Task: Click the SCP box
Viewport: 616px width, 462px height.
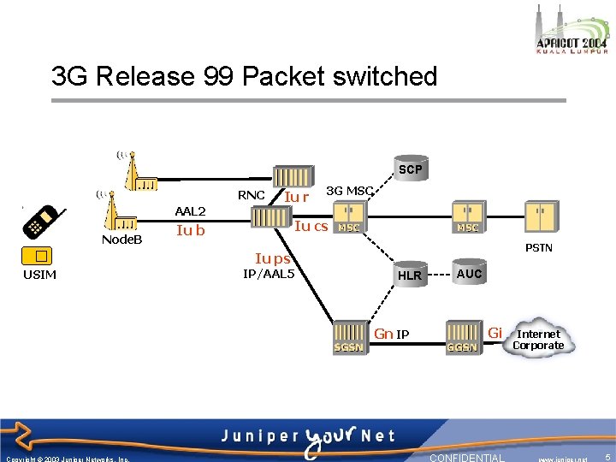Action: pos(410,169)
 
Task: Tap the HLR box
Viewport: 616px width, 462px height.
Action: pos(410,275)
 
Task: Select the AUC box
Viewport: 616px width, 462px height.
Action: pos(469,274)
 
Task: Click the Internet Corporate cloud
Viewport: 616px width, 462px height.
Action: pos(539,340)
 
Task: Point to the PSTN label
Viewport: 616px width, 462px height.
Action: pos(539,248)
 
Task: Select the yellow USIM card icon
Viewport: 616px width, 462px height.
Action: pos(39,255)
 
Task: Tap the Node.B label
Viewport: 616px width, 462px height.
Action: pos(121,240)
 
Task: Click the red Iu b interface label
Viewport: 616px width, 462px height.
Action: pos(190,229)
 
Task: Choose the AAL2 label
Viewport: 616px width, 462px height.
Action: pos(190,210)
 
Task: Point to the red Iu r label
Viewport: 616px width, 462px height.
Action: pos(296,198)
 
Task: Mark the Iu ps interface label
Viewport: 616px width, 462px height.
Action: pos(273,258)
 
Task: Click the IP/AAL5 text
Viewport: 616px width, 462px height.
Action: pos(269,274)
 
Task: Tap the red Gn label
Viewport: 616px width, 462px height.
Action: pos(383,333)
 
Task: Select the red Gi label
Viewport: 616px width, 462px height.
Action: pos(495,331)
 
